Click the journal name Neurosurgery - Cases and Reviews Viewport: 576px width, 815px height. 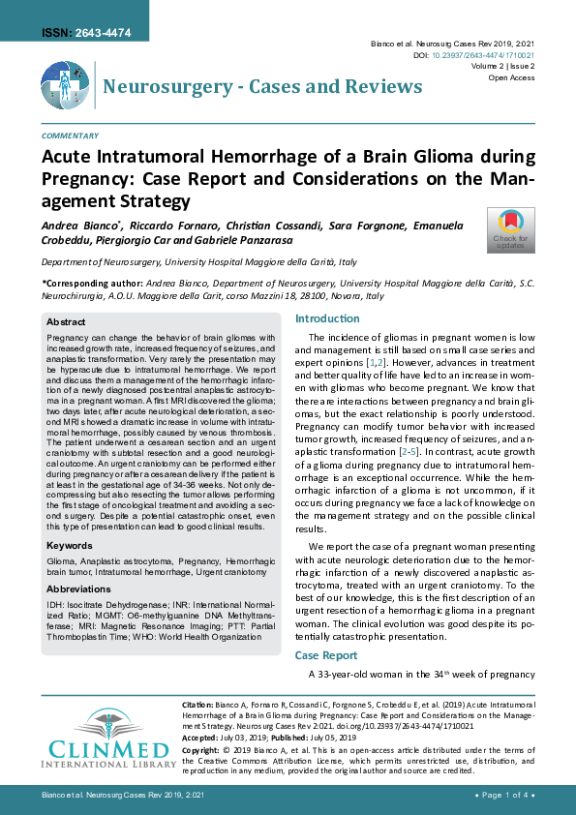click(262, 87)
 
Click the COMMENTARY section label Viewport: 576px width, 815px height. click(70, 136)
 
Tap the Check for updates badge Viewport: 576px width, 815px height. click(510, 230)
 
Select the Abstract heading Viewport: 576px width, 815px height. click(66, 321)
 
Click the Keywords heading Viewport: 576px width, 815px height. click(70, 546)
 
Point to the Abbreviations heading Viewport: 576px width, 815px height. click(78, 588)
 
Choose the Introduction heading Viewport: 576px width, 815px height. click(327, 318)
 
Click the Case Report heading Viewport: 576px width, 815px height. click(326, 655)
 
